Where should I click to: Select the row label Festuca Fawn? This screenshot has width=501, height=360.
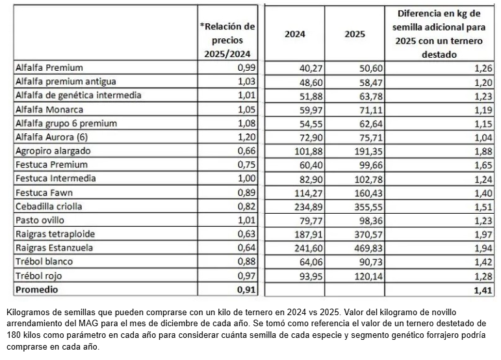43,192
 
